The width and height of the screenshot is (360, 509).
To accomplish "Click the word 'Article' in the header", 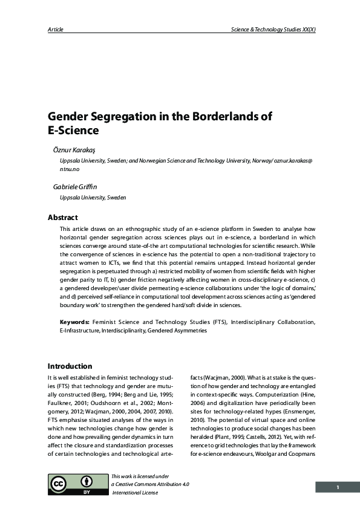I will click(55, 29).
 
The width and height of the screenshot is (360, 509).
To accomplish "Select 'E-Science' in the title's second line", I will click(73, 129).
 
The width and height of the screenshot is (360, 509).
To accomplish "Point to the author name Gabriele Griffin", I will click(76, 187).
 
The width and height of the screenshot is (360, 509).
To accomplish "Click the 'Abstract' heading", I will click(62, 218).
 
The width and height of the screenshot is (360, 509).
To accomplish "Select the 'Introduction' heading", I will click(70, 366).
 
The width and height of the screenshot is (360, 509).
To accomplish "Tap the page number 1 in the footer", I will click(338, 487).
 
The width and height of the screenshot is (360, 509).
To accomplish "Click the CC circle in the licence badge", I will click(59, 483).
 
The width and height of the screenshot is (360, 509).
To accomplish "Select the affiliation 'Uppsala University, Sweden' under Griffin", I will click(93, 198).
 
